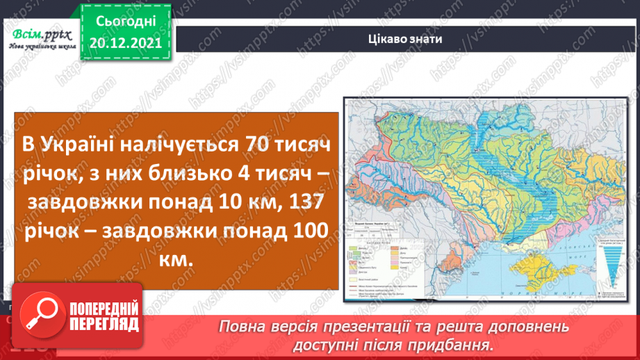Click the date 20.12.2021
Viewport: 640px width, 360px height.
click(x=125, y=45)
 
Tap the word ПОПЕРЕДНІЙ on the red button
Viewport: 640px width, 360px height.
click(x=105, y=309)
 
